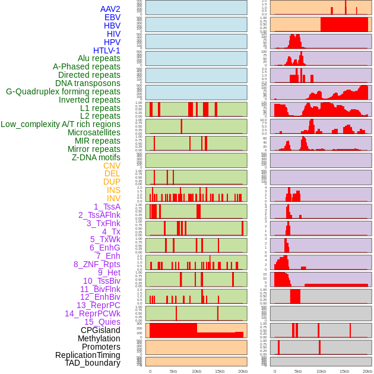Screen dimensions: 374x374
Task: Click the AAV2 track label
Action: (x=110, y=9)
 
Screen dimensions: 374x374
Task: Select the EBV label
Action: (x=112, y=17)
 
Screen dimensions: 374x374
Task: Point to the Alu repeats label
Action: (x=99, y=58)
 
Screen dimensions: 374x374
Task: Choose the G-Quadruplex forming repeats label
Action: (x=63, y=91)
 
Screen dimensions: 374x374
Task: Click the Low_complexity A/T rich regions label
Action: (x=61, y=124)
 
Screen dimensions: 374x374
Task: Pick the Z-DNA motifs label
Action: (x=96, y=157)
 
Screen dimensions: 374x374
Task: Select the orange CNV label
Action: (x=112, y=166)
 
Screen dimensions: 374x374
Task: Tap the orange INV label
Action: (x=113, y=198)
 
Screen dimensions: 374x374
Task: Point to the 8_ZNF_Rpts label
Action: (x=97, y=264)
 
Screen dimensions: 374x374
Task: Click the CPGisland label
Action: (x=100, y=330)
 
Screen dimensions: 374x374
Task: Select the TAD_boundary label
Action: (x=92, y=363)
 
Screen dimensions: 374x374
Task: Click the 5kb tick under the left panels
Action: (x=173, y=371)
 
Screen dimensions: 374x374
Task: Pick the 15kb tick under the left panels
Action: (x=220, y=371)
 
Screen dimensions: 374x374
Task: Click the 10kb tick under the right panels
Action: (x=321, y=371)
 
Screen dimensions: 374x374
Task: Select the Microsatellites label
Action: (x=94, y=132)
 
